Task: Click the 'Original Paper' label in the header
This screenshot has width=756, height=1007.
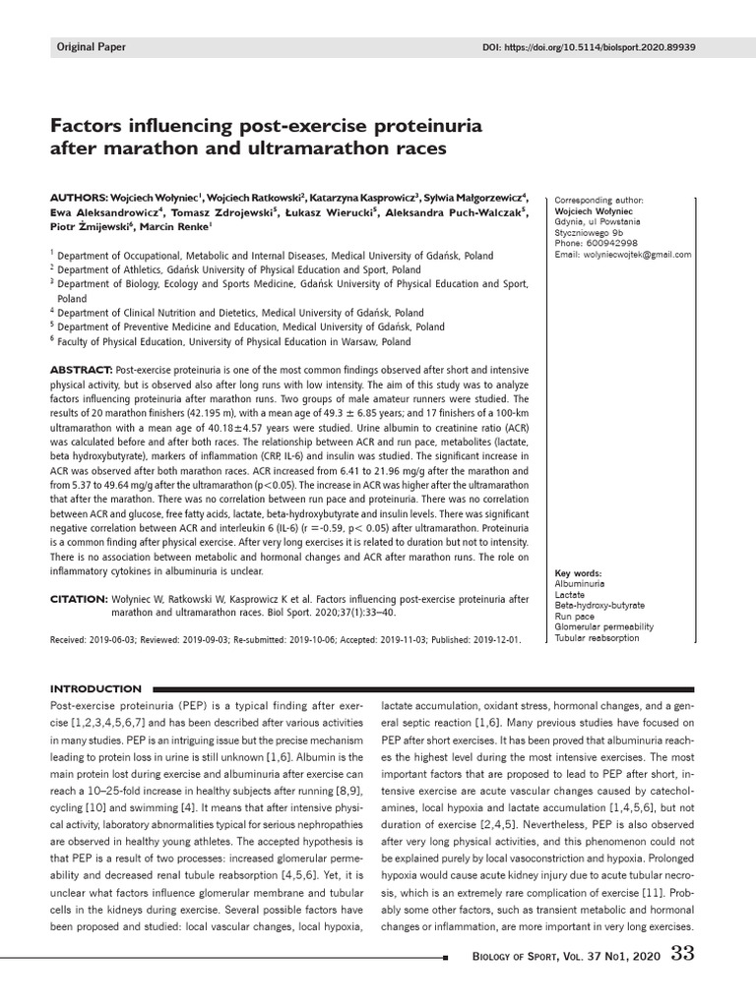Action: click(90, 47)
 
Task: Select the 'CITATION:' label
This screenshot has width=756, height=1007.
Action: click(79, 598)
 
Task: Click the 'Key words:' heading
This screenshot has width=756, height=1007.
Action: click(579, 573)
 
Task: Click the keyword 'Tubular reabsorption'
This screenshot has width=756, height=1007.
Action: click(598, 637)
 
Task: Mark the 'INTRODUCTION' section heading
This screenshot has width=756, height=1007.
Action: click(94, 688)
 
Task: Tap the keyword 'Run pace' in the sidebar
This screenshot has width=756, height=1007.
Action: click(576, 616)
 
